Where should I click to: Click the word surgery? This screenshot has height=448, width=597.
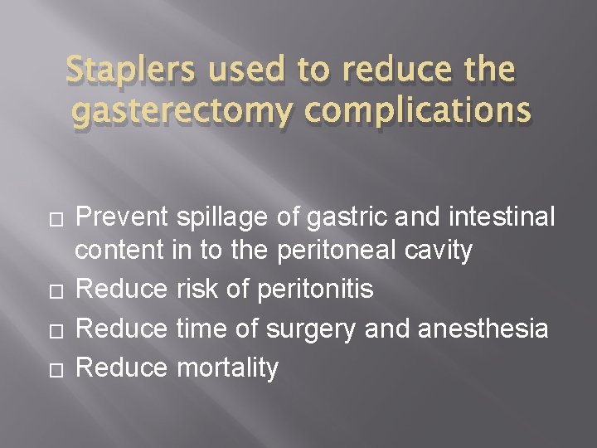click(x=315, y=329)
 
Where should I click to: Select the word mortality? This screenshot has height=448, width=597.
click(x=227, y=368)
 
